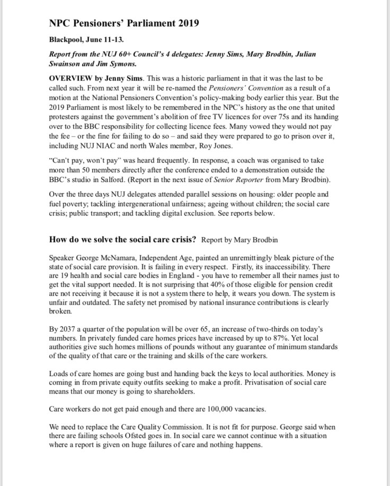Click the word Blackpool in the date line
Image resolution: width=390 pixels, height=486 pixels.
pyautogui.click(x=67, y=39)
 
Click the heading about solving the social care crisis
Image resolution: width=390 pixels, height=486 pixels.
pyautogui.click(x=123, y=239)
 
